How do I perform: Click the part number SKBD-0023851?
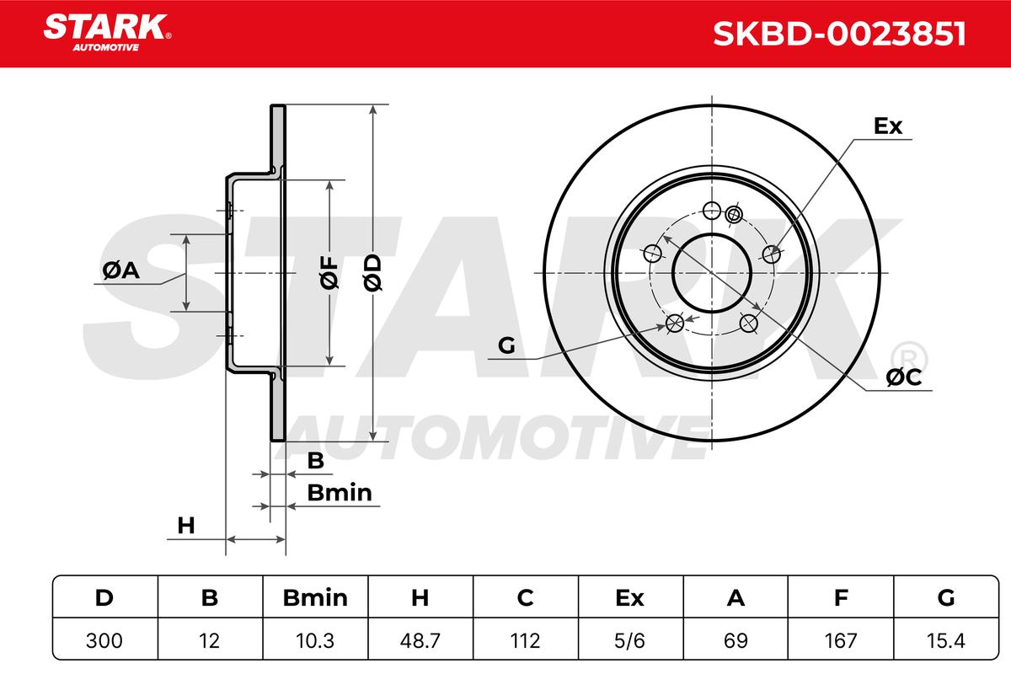839,34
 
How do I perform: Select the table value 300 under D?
104,640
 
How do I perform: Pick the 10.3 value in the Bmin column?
315,640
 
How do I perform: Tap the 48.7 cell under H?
420,640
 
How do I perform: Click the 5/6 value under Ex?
629,640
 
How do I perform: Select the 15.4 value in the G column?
945,640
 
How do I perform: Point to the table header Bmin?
315,598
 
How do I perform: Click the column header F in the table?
841,598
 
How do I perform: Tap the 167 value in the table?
841,640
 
